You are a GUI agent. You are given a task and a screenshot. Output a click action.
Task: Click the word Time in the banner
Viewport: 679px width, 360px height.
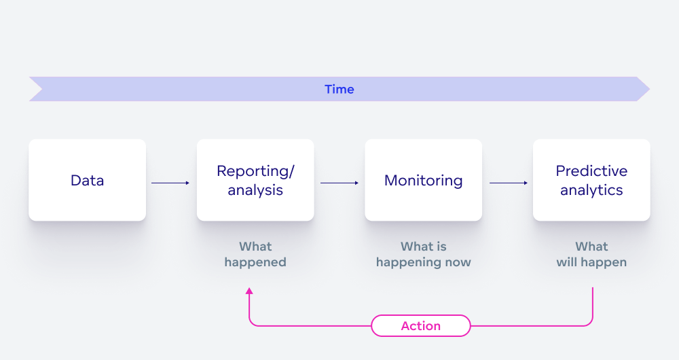(x=339, y=90)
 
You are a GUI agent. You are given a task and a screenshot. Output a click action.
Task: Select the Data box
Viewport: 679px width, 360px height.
(x=87, y=180)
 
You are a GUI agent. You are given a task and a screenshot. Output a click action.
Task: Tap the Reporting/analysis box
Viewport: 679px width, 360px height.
(x=255, y=180)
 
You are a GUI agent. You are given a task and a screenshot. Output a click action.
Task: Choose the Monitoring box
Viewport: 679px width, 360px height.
(x=423, y=180)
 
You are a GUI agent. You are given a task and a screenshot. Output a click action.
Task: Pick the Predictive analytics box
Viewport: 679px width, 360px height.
(x=591, y=180)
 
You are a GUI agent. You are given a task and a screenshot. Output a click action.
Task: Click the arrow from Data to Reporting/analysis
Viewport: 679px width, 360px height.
(x=170, y=183)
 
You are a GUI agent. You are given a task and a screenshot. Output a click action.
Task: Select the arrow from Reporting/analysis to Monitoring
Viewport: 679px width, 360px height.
(x=339, y=183)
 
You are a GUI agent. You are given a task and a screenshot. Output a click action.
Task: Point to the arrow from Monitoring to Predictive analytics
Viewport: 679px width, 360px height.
(x=508, y=183)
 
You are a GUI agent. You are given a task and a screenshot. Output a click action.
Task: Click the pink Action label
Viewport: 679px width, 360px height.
(x=420, y=326)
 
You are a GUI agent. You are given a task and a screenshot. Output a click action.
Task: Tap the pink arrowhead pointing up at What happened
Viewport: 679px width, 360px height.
(x=249, y=291)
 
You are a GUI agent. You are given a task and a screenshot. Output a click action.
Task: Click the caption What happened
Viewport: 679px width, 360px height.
(x=255, y=254)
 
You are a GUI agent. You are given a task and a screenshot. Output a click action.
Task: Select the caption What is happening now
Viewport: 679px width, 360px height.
(x=423, y=254)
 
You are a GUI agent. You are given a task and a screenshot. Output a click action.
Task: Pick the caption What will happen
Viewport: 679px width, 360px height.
(x=591, y=254)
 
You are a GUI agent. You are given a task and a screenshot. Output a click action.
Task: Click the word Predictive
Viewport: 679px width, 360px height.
(x=591, y=171)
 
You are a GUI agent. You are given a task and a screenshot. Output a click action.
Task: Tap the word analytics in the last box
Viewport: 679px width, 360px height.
(x=591, y=190)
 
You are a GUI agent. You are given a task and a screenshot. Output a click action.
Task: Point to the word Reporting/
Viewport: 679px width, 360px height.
(x=255, y=171)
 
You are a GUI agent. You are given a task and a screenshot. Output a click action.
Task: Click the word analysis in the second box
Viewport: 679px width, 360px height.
(x=255, y=190)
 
